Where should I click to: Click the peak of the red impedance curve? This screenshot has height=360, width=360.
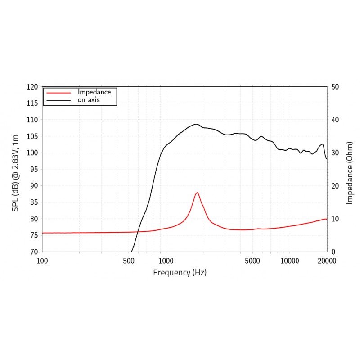(197, 193)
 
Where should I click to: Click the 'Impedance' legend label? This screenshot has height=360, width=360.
(94, 92)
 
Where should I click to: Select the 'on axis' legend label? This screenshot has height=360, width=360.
(88, 100)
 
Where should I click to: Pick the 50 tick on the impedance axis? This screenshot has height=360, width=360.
(335, 87)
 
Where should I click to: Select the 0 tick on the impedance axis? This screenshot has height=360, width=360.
(333, 252)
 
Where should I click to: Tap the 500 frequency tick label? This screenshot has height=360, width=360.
(129, 261)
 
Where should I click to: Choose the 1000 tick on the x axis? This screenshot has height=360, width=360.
(166, 261)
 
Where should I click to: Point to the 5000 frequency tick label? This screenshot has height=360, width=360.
(252, 261)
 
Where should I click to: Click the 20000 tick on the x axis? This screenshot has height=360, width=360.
(327, 261)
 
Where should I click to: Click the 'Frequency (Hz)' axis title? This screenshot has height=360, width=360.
(180, 272)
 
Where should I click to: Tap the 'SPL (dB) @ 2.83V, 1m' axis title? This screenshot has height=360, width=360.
(15, 170)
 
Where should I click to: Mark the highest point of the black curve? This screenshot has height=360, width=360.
(196, 124)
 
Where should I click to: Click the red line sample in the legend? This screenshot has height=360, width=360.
(58, 92)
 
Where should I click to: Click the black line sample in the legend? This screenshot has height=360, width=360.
(58, 100)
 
